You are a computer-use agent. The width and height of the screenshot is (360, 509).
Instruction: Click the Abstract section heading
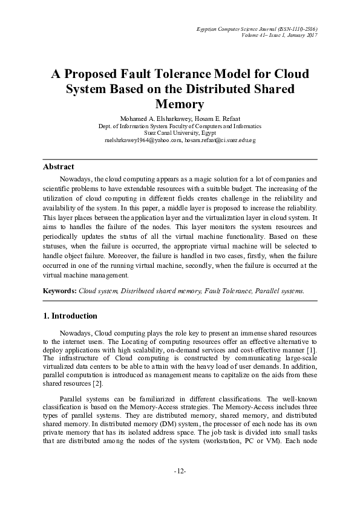coord(59,166)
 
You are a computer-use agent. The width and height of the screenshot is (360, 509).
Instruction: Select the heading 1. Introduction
coord(71,316)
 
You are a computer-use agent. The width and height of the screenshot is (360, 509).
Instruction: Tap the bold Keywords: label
coord(60,291)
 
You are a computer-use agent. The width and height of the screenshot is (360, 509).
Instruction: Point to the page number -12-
coord(180,470)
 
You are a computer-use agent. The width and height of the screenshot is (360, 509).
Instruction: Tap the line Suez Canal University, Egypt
coord(180,133)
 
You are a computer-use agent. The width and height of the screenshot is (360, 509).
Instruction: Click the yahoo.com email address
coord(143,140)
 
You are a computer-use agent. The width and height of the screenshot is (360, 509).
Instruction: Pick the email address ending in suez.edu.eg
coord(220,140)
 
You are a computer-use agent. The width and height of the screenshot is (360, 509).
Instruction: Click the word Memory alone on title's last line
coord(180,104)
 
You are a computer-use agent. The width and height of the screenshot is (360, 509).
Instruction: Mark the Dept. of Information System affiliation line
coord(180,126)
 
